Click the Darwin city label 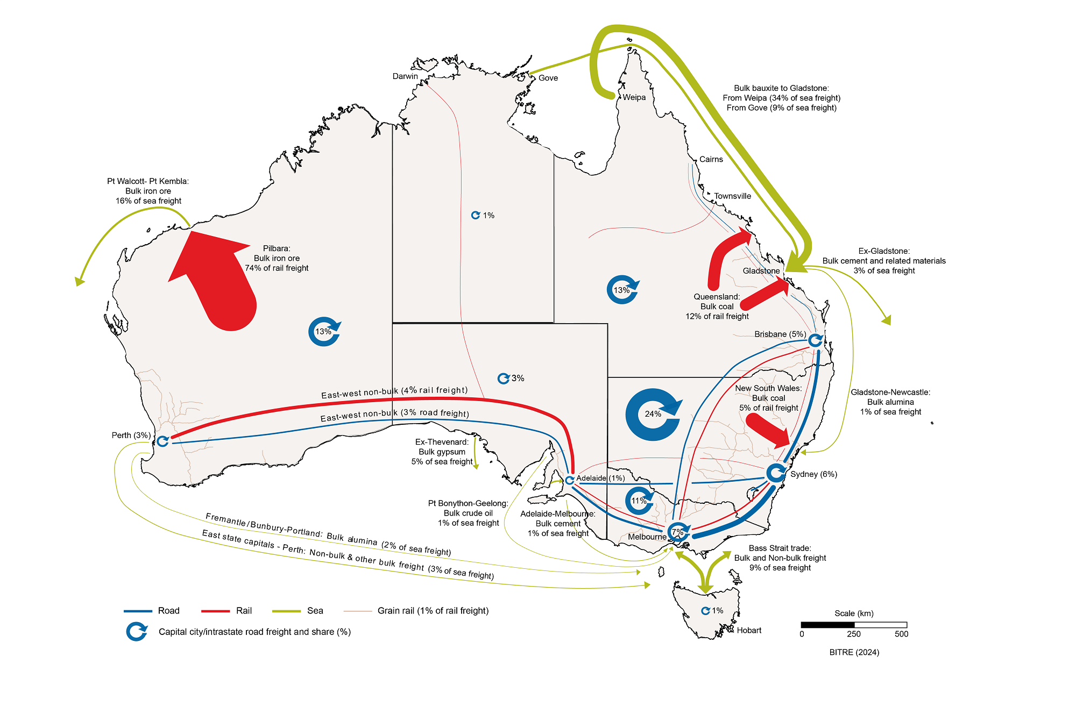(405, 76)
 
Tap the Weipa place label (634, 97)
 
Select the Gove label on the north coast (548, 78)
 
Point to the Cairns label (711, 159)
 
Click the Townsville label (732, 196)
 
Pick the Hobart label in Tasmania (749, 630)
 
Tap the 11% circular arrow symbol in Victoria (639, 501)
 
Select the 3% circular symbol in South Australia (504, 379)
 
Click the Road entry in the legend (168, 611)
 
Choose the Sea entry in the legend (315, 611)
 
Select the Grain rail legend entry (433, 611)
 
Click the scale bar (854, 625)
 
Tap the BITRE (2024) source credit (854, 652)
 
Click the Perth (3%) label (131, 435)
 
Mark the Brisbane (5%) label (780, 334)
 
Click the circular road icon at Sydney (776, 473)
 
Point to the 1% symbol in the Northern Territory (476, 215)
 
